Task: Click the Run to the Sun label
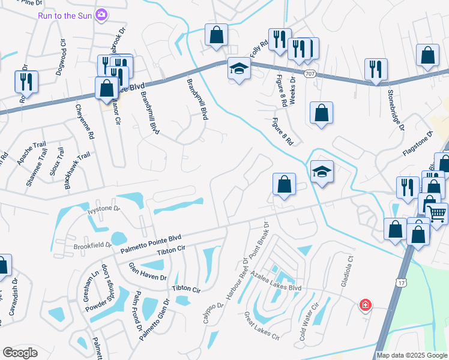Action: click(x=64, y=15)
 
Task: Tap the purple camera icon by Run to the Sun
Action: click(x=102, y=14)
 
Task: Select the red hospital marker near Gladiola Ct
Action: click(x=364, y=305)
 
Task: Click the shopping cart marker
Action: click(x=438, y=212)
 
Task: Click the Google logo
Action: click(x=20, y=353)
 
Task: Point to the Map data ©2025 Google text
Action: click(x=412, y=355)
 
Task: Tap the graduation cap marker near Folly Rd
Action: click(x=238, y=70)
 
